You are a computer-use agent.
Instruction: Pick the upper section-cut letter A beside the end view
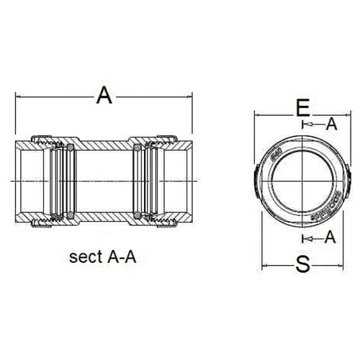[331, 124]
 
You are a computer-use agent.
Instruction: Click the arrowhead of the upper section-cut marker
[305, 125]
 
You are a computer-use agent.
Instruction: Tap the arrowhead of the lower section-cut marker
[305, 237]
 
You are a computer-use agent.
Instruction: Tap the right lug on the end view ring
[347, 179]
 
